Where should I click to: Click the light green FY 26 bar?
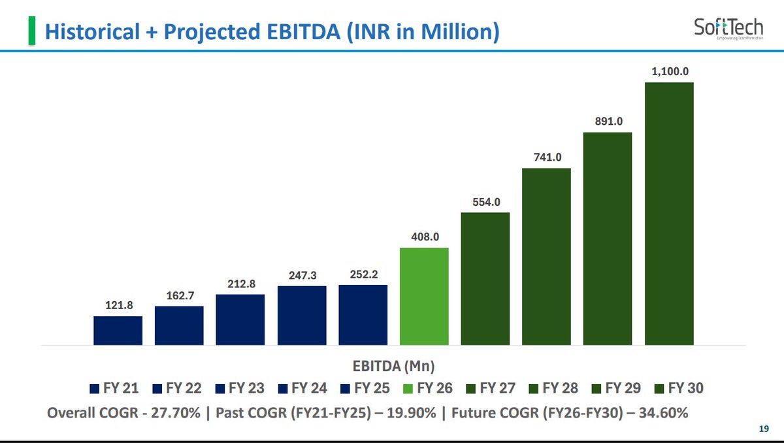point(424,297)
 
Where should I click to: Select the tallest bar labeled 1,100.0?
point(669,214)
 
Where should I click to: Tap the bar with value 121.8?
point(118,331)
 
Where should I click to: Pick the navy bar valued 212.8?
point(240,320)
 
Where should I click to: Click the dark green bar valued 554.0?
point(485,279)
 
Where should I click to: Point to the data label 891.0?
point(609,122)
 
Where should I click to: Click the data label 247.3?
point(302,276)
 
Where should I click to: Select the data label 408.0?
point(425,237)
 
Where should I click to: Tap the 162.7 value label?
point(180,296)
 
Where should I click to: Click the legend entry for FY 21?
point(114,388)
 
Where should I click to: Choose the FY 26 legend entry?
point(428,388)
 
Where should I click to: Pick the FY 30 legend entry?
point(679,388)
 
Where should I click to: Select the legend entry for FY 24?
point(302,388)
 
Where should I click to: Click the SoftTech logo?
point(728,29)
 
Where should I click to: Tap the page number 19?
point(764,429)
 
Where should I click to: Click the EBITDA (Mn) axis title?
point(393,367)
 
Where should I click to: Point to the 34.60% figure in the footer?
point(663,413)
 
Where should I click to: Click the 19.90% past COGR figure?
point(411,413)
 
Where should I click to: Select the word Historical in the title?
point(92,31)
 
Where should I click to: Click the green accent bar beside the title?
point(32,31)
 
